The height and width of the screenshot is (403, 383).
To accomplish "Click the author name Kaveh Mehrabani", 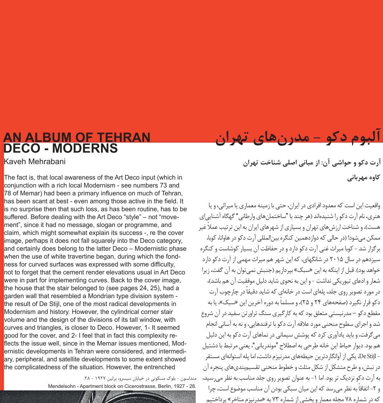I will [34, 162].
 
